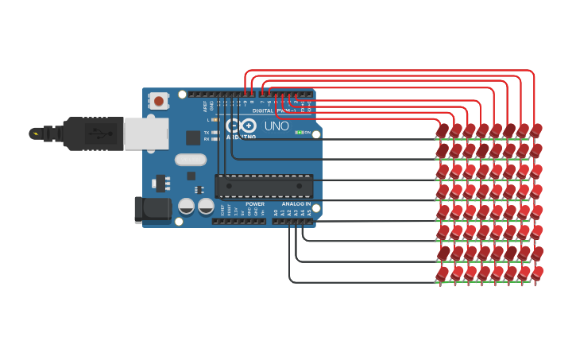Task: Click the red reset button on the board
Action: [159, 101]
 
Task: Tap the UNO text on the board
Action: [276, 126]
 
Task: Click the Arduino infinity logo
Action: [241, 126]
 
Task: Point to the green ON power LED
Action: [299, 132]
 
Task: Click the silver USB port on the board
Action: [145, 134]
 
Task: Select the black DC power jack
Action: [153, 210]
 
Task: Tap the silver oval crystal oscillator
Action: [191, 159]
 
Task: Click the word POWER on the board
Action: [255, 204]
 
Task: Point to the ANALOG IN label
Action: [296, 204]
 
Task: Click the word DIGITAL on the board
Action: [263, 110]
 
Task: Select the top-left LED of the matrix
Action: [443, 130]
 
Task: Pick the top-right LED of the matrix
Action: [536, 130]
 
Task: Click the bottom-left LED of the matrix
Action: [443, 273]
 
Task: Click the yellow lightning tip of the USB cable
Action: [34, 134]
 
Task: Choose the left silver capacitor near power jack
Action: [187, 206]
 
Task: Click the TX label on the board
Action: [207, 133]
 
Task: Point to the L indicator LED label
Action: [207, 119]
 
